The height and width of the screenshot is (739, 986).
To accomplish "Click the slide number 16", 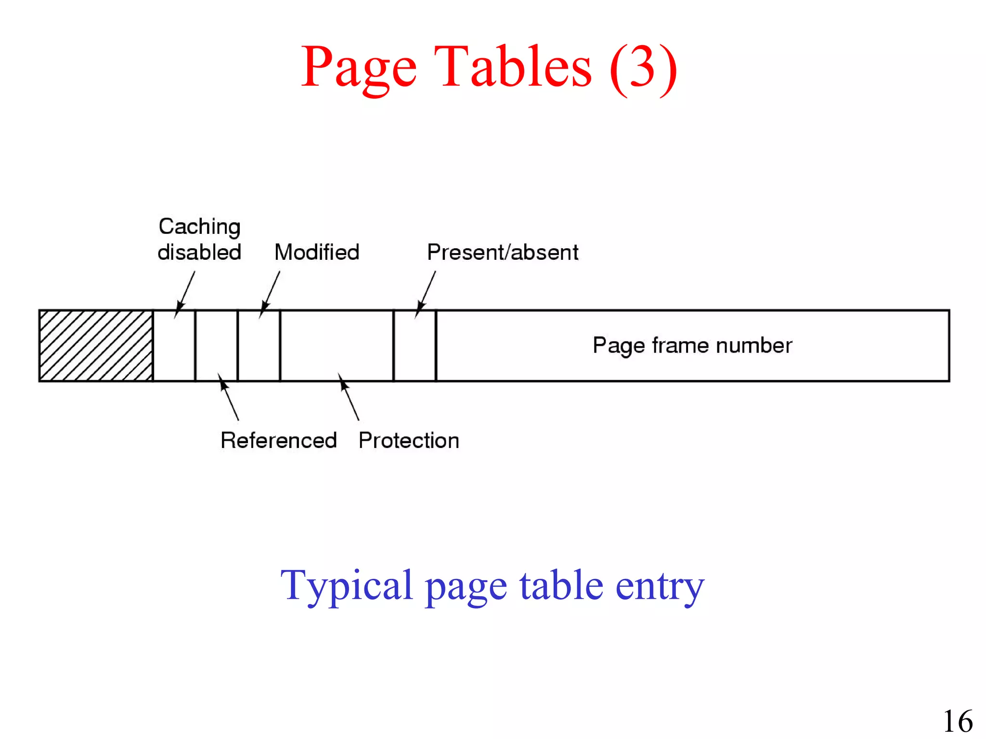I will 958,721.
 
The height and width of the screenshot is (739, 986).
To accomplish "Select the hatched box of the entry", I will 96,345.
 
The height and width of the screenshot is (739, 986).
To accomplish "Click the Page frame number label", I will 692,345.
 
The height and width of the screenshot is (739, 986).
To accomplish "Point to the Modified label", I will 317,252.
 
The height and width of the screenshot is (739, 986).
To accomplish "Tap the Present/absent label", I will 503,252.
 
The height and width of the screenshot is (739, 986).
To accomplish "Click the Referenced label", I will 278,440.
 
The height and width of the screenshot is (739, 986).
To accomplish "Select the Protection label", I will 409,440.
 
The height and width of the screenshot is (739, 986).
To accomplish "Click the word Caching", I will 199,227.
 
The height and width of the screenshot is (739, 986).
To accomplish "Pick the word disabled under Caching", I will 199,252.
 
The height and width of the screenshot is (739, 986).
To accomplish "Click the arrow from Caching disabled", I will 185,293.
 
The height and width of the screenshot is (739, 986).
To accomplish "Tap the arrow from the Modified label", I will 270,293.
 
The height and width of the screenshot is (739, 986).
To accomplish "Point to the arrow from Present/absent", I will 426,293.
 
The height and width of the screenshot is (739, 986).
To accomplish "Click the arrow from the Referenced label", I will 228,397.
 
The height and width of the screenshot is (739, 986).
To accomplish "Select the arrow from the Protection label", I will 349,397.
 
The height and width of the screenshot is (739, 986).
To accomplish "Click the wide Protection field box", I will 337,345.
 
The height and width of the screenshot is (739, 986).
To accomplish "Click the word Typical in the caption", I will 347,586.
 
